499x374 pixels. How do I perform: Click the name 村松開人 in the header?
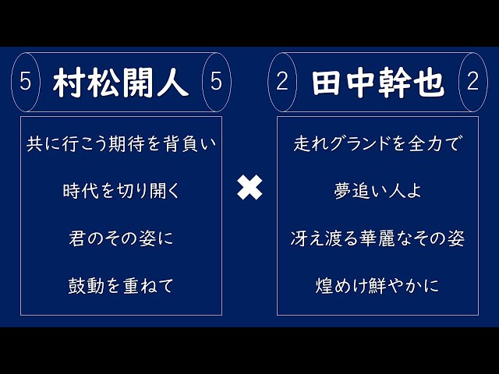click(x=121, y=83)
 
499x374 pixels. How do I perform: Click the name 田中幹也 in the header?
click(x=377, y=83)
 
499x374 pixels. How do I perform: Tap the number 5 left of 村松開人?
click(x=25, y=83)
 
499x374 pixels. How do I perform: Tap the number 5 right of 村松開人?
click(x=216, y=83)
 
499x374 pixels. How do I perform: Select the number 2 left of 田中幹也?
click(x=281, y=83)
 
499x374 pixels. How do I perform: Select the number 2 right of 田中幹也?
click(x=472, y=83)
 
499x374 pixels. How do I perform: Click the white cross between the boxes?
click(x=249, y=188)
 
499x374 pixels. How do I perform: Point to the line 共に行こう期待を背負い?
click(x=121, y=143)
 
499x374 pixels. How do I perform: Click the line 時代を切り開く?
click(x=121, y=191)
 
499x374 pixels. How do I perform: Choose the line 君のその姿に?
click(x=121, y=238)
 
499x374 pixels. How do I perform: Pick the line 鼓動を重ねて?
click(x=121, y=286)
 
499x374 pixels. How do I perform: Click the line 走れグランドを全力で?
click(x=378, y=143)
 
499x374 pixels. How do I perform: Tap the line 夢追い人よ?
click(x=378, y=191)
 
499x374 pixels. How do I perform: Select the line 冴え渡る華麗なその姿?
click(x=378, y=238)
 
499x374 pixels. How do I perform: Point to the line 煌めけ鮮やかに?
click(x=378, y=286)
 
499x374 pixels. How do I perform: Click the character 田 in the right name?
click(x=327, y=83)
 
